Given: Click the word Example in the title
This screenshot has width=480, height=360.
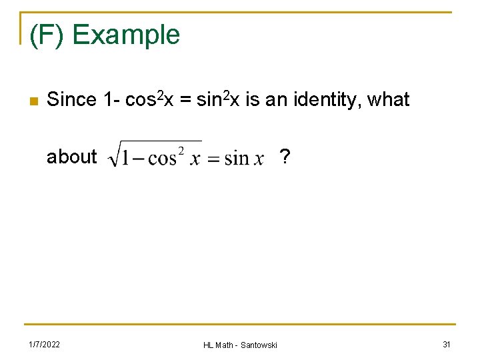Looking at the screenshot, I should pyautogui.click(x=125, y=35).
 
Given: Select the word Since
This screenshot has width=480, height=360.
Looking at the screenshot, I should pyautogui.click(x=71, y=100).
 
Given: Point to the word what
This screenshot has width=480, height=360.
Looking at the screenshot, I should pyautogui.click(x=388, y=100).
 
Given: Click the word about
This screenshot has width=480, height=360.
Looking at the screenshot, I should pyautogui.click(x=71, y=157).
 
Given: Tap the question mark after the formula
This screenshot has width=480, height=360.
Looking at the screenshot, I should pyautogui.click(x=285, y=157).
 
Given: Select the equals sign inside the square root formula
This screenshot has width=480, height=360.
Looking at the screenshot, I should pyautogui.click(x=213, y=159).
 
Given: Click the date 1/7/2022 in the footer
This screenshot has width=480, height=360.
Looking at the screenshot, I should pyautogui.click(x=44, y=344).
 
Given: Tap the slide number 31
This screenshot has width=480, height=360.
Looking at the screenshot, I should pyautogui.click(x=446, y=344).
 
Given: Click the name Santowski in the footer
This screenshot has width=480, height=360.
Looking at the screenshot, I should pyautogui.click(x=259, y=345).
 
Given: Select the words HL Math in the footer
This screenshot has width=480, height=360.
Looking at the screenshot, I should pyautogui.click(x=219, y=345).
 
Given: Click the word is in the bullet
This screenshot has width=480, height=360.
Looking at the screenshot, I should pyautogui.click(x=252, y=100).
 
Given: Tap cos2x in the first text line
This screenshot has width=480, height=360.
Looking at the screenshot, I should pyautogui.click(x=149, y=100).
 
